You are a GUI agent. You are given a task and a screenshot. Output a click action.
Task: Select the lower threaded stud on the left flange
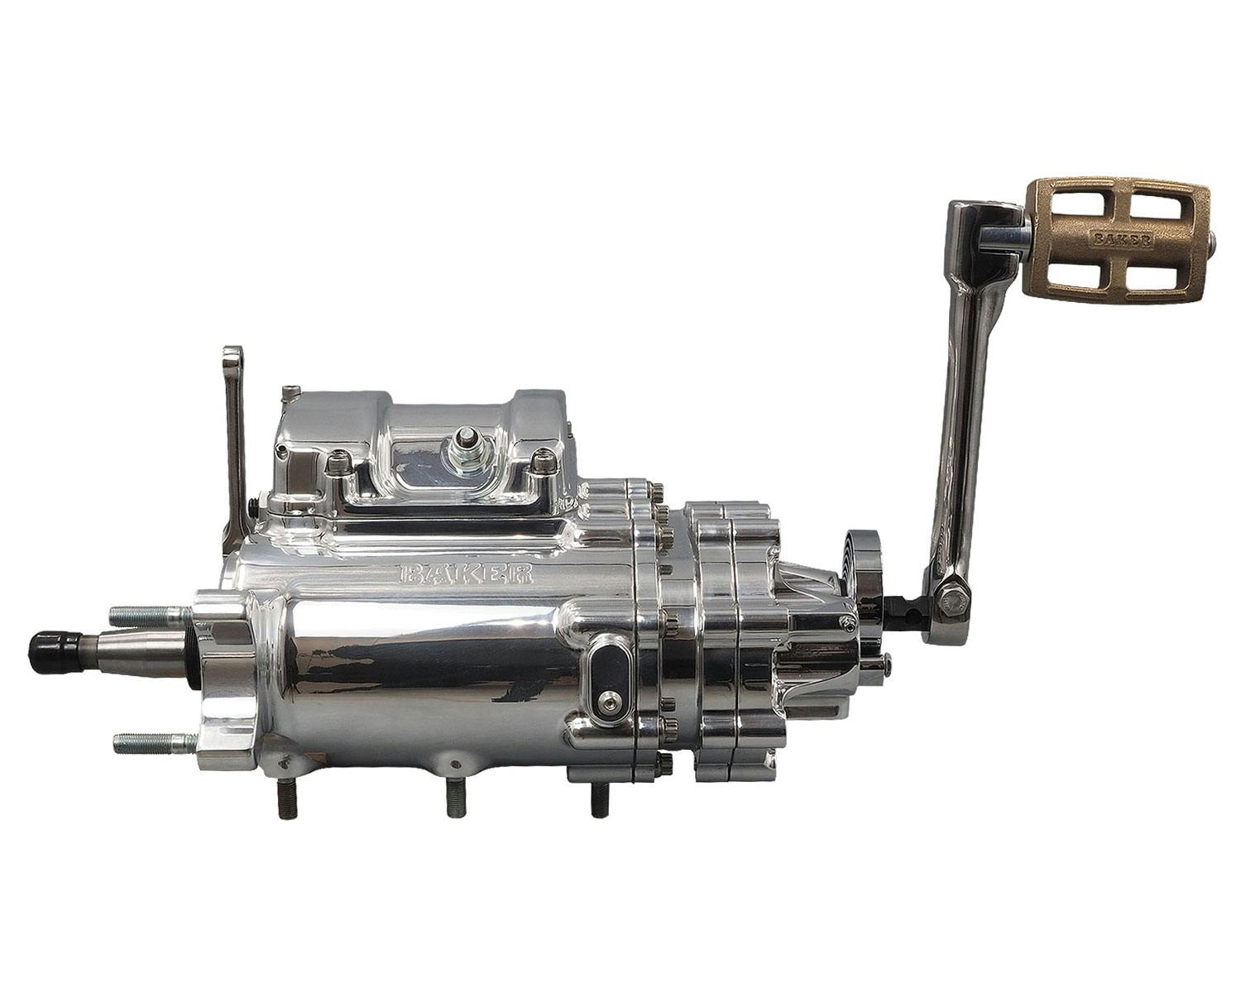pos(156,741)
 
